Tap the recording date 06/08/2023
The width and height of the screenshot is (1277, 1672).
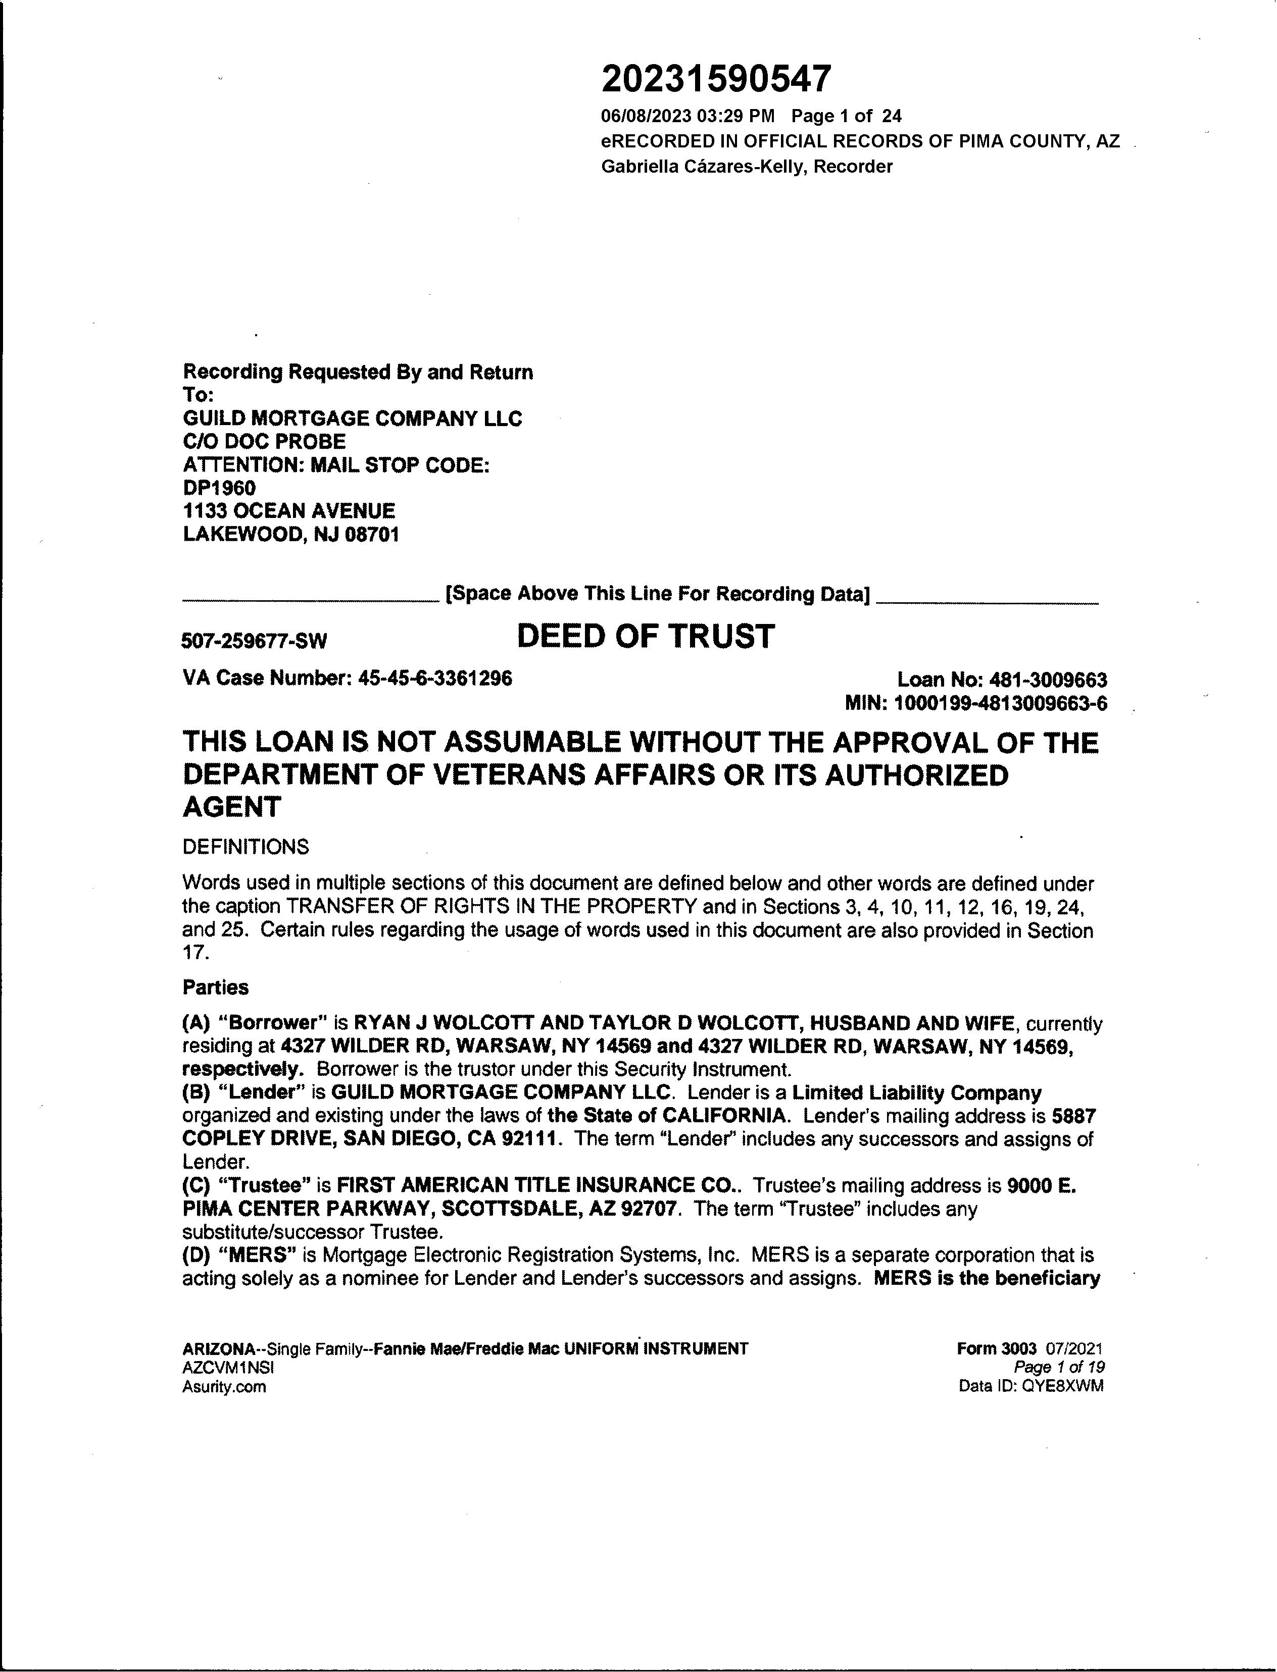pos(646,116)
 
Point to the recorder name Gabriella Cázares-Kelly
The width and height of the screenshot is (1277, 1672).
pos(703,167)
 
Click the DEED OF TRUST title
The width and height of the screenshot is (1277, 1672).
pos(646,637)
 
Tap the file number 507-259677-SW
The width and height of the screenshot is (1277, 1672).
pos(254,641)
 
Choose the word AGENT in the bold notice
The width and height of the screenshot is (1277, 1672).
pos(232,807)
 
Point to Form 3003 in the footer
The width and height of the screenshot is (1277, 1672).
pos(997,1348)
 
